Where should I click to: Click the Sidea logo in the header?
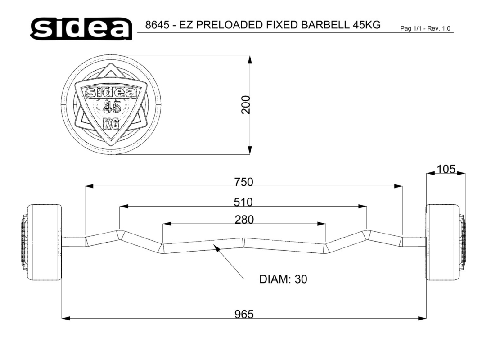click(81, 28)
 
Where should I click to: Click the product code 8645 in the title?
click(157, 24)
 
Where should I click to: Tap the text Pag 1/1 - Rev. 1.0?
click(425, 28)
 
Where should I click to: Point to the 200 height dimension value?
click(246, 105)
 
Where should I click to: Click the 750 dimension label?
click(243, 182)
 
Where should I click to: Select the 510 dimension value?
click(243, 202)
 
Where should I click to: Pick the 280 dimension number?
click(244, 220)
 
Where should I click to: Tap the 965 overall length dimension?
click(244, 314)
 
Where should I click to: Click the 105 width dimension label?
click(446, 169)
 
